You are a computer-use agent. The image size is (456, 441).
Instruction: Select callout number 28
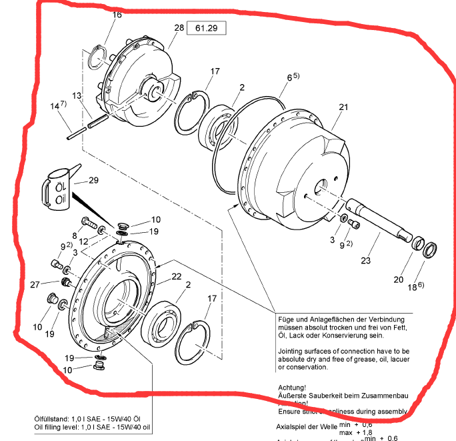pos(179,28)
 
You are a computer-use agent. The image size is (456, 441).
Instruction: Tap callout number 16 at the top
pos(117,15)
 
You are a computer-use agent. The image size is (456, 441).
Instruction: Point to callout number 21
pos(343,107)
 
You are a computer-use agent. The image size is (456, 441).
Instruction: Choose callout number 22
pos(177,277)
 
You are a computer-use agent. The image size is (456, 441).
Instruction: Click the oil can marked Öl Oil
pos(56,189)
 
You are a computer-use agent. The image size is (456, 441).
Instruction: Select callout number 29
pos(93,181)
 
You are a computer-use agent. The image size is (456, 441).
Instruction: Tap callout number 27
pos(37,285)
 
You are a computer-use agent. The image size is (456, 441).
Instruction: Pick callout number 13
pos(77,97)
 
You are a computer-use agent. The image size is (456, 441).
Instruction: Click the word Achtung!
pos(291,387)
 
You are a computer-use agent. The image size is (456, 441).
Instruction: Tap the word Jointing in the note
pos(293,350)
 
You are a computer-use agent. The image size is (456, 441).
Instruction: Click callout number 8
pos(75,235)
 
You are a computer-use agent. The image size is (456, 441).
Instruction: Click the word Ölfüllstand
pos(51,418)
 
